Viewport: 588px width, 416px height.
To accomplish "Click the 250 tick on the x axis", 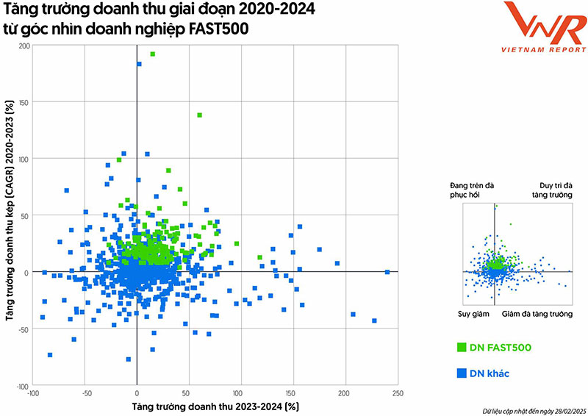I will tap(398, 394).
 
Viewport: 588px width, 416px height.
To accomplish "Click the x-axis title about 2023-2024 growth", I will tap(215, 406).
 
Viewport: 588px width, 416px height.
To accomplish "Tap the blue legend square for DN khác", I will tap(462, 373).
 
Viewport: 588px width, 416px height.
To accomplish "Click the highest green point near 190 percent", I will tap(152, 54).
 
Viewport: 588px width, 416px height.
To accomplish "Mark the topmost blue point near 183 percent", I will tap(139, 64).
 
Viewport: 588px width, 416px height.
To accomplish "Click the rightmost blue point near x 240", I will tap(387, 272).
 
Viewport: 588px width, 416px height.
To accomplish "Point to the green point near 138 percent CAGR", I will tap(199, 115).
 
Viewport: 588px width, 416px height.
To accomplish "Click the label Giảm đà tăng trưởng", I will tap(537, 314).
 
